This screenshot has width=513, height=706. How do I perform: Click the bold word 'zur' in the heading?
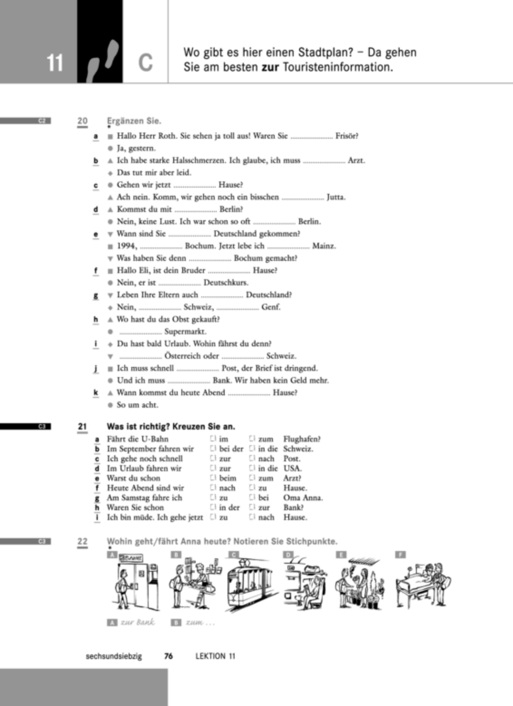click(270, 67)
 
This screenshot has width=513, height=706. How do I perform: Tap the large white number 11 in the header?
click(55, 63)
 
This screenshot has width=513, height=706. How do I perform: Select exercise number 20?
click(83, 121)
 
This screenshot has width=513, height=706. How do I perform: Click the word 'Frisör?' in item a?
click(347, 136)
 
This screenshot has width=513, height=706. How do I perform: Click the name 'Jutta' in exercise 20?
click(336, 197)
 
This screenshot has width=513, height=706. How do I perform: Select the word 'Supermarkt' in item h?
click(185, 332)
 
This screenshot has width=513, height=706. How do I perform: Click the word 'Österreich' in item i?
click(192, 356)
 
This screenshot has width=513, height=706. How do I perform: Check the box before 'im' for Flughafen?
click(213, 439)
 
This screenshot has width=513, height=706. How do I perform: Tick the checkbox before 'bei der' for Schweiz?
click(213, 449)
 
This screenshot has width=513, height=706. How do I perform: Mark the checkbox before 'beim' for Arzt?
click(213, 478)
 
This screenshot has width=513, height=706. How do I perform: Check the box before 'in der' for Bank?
click(213, 507)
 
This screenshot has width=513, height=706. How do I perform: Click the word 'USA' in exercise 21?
click(293, 468)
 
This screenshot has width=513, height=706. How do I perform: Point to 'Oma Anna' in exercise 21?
click(303, 498)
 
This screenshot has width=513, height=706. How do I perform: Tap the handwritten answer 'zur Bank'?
click(138, 622)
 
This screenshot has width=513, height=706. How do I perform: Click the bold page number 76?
click(169, 656)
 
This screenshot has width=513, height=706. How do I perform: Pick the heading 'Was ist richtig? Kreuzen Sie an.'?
click(171, 427)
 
